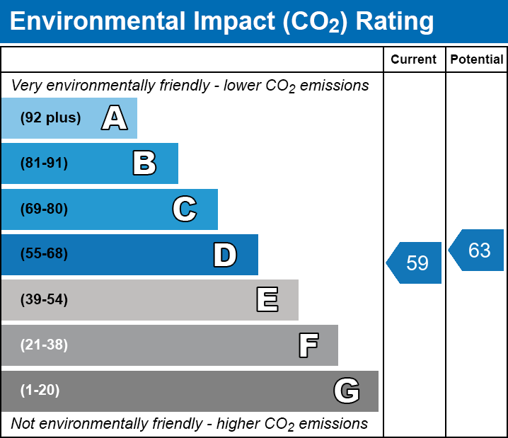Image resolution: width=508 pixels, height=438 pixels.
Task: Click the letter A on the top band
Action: coord(114,118)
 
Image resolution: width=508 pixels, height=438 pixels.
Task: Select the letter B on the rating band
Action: coord(144,163)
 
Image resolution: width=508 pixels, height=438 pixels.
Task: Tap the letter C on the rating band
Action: coord(184,209)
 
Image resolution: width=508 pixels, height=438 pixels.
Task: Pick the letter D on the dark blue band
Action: coord(224,255)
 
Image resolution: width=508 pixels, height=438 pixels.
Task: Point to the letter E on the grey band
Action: coord(267,300)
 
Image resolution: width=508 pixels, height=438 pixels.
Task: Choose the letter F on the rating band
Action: coord(308,345)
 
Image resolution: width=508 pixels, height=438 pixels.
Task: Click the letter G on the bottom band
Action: coord(347,391)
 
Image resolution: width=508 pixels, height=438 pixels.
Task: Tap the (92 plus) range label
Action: coord(50,118)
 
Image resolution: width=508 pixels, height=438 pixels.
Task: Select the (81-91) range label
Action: coord(44,163)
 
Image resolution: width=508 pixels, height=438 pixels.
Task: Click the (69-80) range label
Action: coord(44,209)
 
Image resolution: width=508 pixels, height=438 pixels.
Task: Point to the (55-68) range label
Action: coord(44,254)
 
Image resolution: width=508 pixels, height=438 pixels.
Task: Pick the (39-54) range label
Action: coord(44,300)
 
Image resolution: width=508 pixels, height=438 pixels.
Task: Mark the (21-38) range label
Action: coord(44,345)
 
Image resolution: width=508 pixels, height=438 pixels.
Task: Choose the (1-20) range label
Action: coord(40,391)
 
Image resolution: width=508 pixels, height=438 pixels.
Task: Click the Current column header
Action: coord(414,60)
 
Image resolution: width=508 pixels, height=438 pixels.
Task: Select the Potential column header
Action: coord(477,60)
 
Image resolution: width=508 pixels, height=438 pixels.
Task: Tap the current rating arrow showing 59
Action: coord(415,263)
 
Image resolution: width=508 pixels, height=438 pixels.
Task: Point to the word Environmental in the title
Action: coord(97,22)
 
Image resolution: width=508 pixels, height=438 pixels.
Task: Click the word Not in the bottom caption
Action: coord(23,424)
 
